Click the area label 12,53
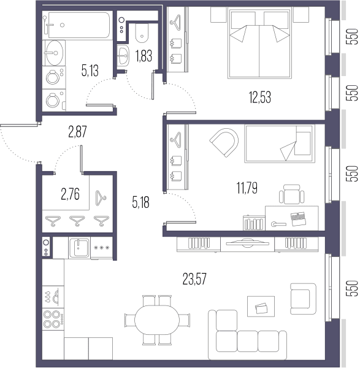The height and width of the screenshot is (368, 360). coord(260,97)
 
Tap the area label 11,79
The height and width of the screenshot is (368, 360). coord(247,188)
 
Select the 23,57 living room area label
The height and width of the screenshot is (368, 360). coord(194,279)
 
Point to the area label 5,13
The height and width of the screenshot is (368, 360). coord(90,71)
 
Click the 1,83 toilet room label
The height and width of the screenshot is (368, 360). coord(144,56)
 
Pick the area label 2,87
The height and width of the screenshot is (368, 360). coord(77,132)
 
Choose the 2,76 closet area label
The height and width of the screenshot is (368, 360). coord(70,194)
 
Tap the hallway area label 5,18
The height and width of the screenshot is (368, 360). coord(140,202)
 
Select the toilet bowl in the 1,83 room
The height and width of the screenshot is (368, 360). coord(142,33)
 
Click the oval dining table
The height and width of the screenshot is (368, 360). coord(157,320)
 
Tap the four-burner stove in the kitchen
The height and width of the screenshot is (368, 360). coord(53,319)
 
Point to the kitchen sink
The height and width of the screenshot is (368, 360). coord(79,248)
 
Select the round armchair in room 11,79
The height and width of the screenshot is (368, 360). coord(224,142)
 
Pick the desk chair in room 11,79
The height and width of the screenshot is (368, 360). coord(292,194)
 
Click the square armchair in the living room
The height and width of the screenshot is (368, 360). coord(303,299)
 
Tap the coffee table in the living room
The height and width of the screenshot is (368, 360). coord(261,306)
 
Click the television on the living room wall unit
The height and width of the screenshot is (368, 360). coord(248,243)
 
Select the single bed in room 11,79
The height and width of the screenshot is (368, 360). coord(280,144)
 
